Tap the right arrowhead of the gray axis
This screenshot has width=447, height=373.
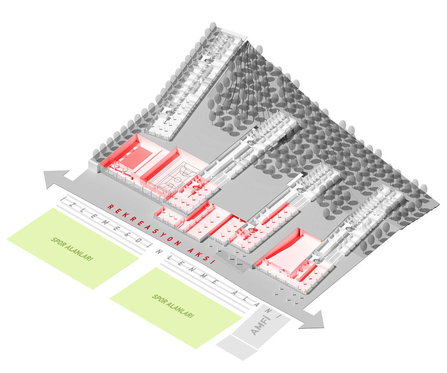(313, 319)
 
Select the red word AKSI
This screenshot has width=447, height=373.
(201, 256)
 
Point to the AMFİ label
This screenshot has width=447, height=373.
(260, 325)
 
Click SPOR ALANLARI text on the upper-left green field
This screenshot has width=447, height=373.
(72, 249)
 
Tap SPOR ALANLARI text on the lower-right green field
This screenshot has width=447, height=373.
(173, 306)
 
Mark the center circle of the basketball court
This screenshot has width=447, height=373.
(178, 180)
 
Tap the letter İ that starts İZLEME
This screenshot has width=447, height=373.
(66, 199)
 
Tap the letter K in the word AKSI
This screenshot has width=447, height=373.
(197, 253)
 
